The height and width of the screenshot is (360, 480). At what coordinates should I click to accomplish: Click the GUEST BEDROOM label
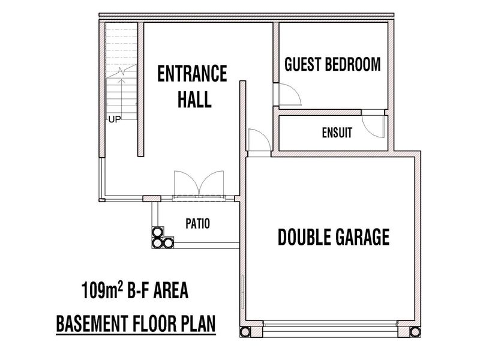(332, 64)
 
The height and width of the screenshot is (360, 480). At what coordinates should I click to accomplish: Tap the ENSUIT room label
(337, 133)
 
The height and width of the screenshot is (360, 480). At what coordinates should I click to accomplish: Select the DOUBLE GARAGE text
(334, 237)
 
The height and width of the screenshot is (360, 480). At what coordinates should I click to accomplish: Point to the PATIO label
(198, 224)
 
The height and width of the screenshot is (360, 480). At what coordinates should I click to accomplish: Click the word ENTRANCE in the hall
(192, 73)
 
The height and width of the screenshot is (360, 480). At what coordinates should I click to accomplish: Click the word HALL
(194, 99)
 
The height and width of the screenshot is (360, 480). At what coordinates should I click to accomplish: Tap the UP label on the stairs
(115, 119)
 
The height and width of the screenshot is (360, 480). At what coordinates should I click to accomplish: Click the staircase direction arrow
(122, 97)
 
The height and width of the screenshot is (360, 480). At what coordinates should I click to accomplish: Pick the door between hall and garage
(259, 140)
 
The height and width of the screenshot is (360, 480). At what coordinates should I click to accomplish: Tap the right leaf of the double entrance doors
(212, 183)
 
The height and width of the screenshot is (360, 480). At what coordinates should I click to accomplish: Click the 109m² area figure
(102, 290)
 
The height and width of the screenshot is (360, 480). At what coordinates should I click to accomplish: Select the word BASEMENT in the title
(92, 324)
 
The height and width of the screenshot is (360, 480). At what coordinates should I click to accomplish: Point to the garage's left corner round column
(245, 332)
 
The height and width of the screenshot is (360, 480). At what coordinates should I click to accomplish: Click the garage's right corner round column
(415, 332)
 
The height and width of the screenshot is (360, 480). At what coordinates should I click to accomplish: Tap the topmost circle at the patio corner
(157, 232)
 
